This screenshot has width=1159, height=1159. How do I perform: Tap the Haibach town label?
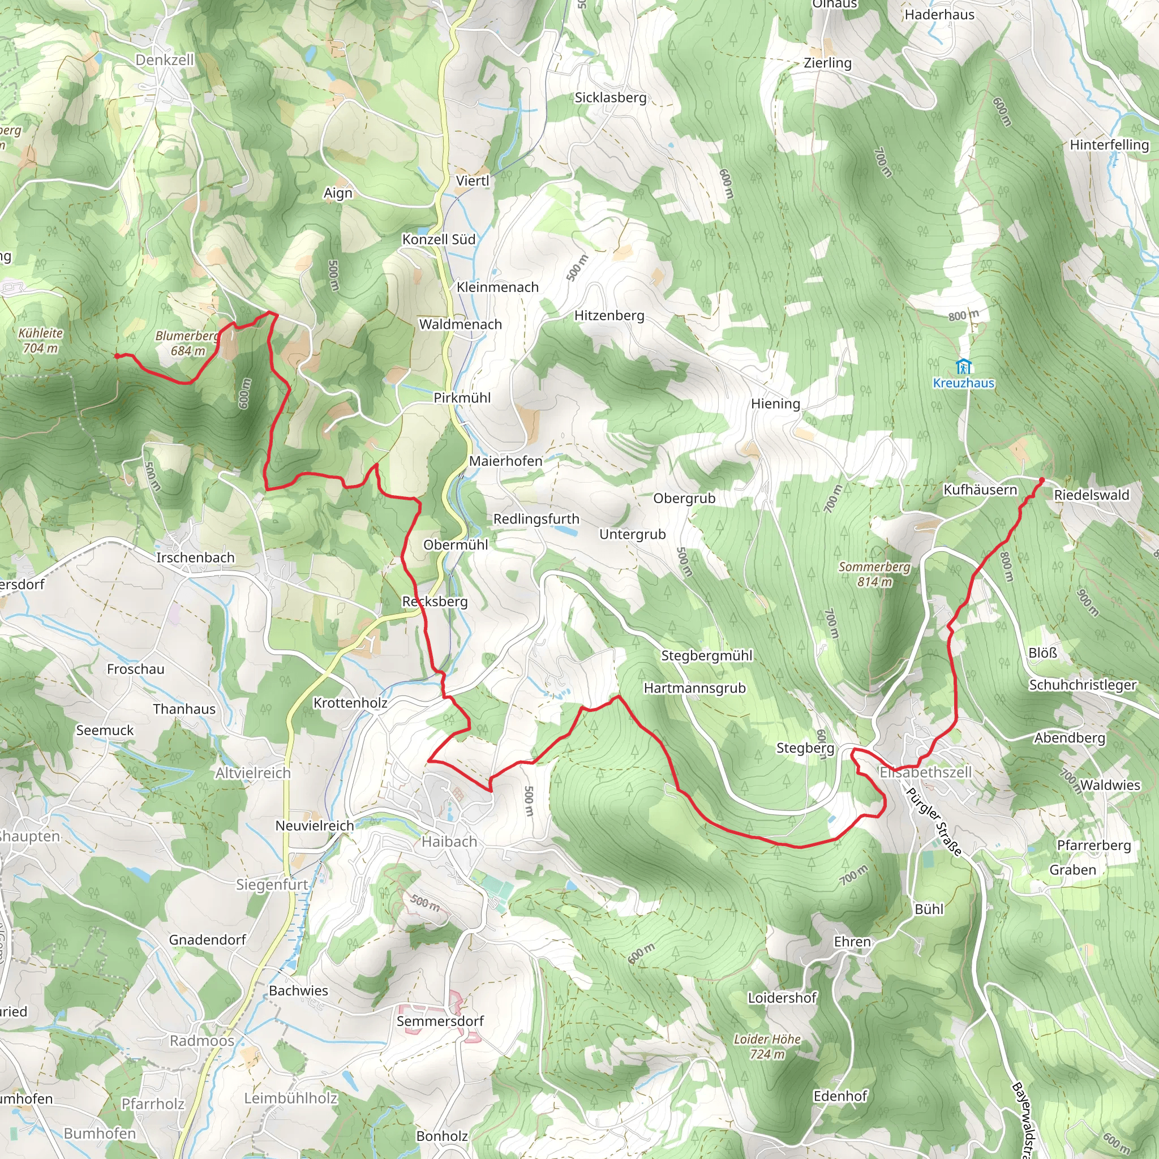(449, 842)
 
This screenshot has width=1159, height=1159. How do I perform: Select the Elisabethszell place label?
(925, 772)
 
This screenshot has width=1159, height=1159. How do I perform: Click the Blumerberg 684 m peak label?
(188, 343)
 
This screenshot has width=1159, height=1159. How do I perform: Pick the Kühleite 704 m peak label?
(40, 340)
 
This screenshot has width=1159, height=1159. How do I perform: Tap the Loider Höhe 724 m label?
(767, 1046)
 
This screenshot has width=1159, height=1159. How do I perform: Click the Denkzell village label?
(164, 60)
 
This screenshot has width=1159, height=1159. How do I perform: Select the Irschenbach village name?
(196, 557)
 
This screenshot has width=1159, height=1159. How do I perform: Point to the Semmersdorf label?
(440, 1020)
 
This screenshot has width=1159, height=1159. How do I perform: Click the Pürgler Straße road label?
(933, 821)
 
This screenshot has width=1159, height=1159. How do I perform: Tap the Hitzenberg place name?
(609, 316)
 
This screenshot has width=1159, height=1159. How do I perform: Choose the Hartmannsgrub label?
(695, 688)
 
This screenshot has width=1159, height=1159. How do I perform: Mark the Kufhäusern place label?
(980, 490)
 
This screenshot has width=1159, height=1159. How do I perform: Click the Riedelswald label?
(1091, 495)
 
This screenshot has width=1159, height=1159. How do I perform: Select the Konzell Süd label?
(439, 239)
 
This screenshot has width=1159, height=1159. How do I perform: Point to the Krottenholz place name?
(350, 702)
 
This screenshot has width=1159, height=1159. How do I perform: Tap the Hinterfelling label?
(1109, 144)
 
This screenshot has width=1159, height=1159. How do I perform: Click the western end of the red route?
(117, 356)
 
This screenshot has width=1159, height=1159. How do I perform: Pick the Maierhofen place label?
(505, 461)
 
